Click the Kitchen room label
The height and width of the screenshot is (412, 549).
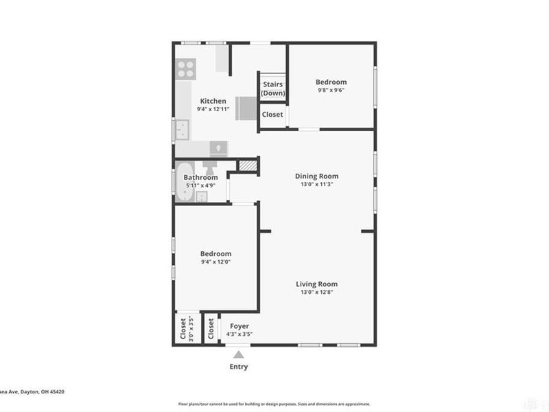(x=213, y=101)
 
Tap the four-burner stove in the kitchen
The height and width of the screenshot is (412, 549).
(x=186, y=69)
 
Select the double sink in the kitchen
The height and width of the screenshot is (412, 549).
(x=182, y=129)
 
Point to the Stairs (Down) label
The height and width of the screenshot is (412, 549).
(x=272, y=89)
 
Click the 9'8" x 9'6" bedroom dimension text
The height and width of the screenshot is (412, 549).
(x=331, y=90)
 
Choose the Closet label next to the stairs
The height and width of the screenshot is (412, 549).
(x=272, y=115)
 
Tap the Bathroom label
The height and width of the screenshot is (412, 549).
(x=200, y=177)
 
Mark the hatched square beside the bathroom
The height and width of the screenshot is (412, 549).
(x=247, y=165)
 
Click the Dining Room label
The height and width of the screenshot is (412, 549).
(x=316, y=176)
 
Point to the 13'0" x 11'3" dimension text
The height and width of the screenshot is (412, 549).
(x=316, y=184)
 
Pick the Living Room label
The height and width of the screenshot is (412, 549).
(x=316, y=284)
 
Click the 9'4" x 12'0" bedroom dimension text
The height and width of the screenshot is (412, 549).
(x=215, y=262)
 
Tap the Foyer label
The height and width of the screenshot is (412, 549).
(x=239, y=326)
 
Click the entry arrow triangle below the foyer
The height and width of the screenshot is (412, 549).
(x=238, y=354)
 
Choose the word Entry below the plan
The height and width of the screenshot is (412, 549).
(x=238, y=367)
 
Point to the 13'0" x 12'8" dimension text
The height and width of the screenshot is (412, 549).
(x=316, y=292)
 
